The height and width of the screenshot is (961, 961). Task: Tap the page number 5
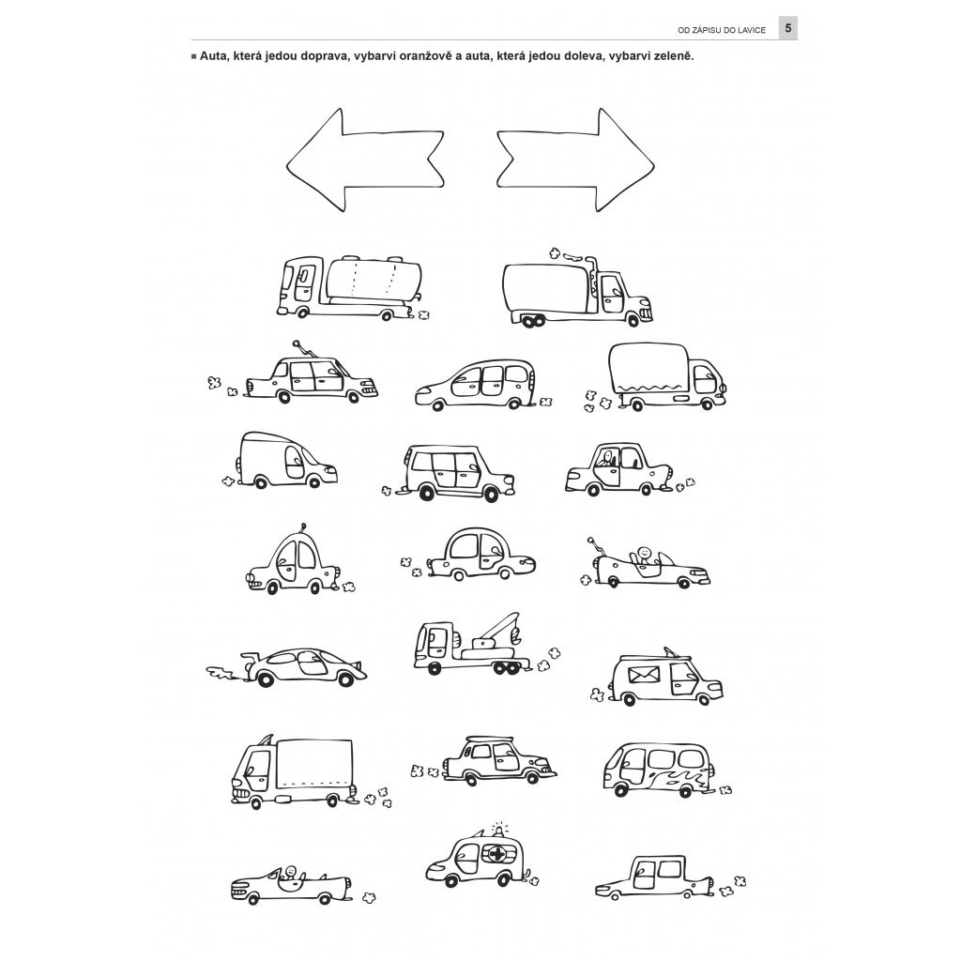click(x=788, y=29)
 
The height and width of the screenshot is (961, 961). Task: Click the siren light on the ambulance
click(x=499, y=829)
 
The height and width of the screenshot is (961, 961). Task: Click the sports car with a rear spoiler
click(x=300, y=665)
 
